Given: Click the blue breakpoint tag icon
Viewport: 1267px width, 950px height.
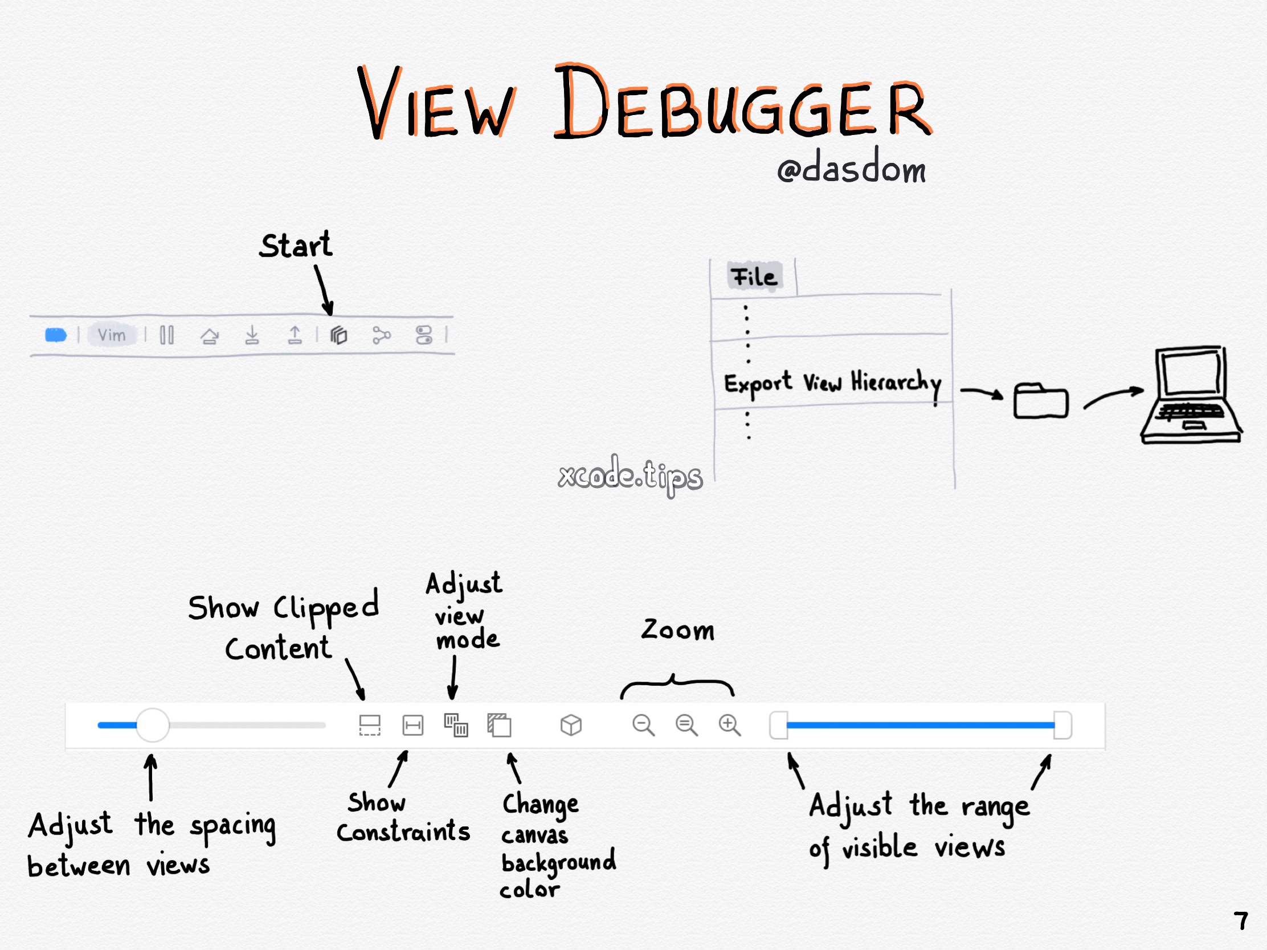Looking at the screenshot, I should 56,335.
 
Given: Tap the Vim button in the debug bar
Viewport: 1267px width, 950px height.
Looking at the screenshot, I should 112,335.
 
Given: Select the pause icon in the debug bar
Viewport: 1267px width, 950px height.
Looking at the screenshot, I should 167,335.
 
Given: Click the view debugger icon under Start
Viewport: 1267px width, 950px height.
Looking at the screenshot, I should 338,335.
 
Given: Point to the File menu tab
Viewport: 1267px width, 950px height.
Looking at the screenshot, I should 754,277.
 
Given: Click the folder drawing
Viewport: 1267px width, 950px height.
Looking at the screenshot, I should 1040,401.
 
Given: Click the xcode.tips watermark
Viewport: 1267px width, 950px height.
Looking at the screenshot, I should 630,476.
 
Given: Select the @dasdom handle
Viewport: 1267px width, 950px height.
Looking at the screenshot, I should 851,169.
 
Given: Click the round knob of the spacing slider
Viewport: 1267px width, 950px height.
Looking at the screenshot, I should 153,725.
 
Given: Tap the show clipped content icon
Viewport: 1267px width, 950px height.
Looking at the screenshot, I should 369,725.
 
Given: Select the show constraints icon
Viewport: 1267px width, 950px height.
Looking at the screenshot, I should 412,725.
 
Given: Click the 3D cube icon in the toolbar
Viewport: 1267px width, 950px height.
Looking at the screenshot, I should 570,725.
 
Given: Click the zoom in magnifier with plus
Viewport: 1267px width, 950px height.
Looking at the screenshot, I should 729,725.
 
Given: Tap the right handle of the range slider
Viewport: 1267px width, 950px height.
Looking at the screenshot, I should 1062,725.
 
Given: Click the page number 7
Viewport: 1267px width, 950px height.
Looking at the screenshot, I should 1241,922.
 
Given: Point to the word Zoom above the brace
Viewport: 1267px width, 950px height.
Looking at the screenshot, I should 677,630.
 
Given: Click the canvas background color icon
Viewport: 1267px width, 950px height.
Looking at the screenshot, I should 499,725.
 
